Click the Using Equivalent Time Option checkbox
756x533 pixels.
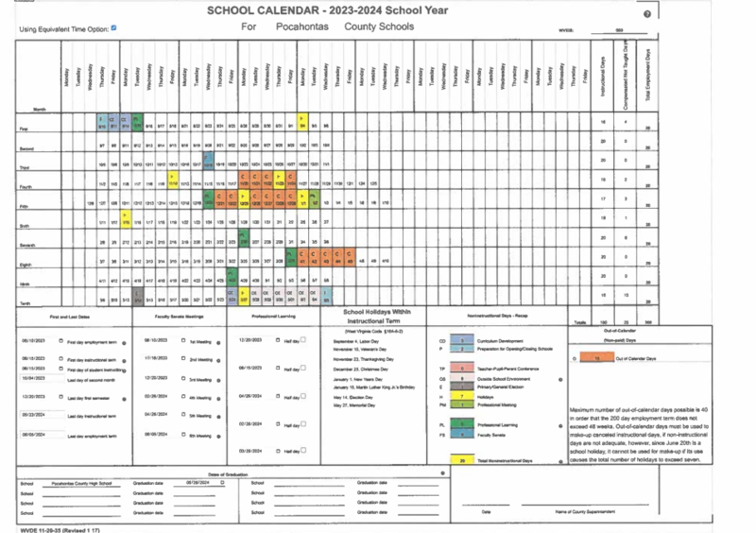point(113,27)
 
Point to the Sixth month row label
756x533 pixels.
point(27,226)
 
